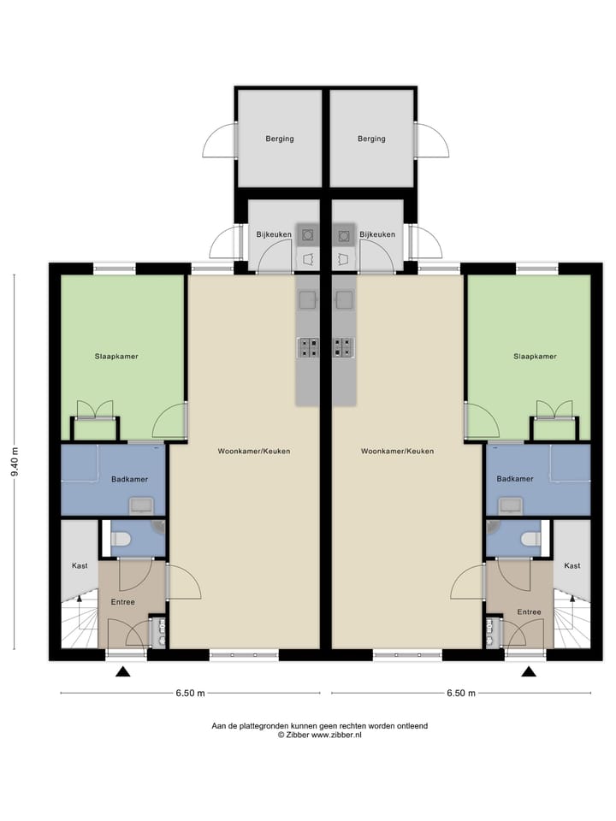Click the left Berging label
[280, 139]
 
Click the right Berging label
[371, 139]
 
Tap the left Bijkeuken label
[274, 234]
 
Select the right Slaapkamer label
[535, 357]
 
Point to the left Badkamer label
[129, 479]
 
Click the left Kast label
[80, 565]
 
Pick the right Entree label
[529, 611]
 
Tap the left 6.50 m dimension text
[190, 694]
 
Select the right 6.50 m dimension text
[461, 694]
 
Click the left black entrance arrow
[123, 671]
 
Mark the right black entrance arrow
[529, 671]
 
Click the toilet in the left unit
[121, 539]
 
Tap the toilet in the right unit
[530, 539]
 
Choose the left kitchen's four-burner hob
[308, 348]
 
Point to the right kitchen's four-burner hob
[344, 348]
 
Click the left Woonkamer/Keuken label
[254, 451]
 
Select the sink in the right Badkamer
[510, 505]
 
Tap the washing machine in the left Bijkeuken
[307, 236]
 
